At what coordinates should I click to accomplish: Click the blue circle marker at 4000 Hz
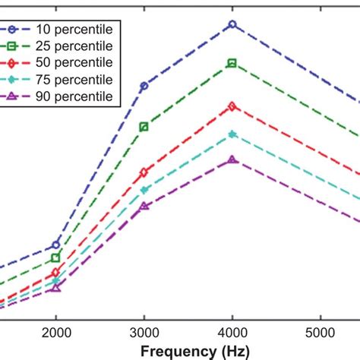tap(232, 24)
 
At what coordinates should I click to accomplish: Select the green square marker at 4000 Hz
tap(232, 63)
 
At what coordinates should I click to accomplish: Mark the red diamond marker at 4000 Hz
tap(232, 106)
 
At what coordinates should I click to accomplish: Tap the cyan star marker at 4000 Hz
tap(232, 134)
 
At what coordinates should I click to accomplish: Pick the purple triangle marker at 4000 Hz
tap(232, 159)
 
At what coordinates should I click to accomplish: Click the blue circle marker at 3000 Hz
tap(144, 87)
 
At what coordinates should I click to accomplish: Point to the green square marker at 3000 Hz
tap(144, 127)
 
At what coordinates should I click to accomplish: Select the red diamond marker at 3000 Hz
tap(144, 172)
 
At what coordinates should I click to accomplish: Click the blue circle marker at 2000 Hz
tap(55, 245)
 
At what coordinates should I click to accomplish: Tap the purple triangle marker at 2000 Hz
tap(55, 288)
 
